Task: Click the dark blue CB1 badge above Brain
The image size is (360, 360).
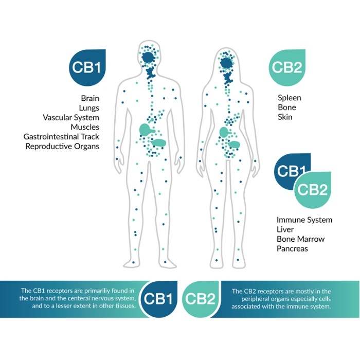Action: pyautogui.click(x=87, y=67)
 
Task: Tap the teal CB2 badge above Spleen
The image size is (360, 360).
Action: pyautogui.click(x=287, y=67)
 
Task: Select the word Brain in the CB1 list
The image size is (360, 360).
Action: pyautogui.click(x=90, y=98)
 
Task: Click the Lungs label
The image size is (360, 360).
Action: pyautogui.click(x=89, y=108)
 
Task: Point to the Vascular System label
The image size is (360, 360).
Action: pyautogui.click(x=71, y=118)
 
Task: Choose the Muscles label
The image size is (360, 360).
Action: pyautogui.click(x=85, y=127)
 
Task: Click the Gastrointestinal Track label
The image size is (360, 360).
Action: pyautogui.click(x=61, y=137)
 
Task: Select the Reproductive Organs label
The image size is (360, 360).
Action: pyautogui.click(x=62, y=146)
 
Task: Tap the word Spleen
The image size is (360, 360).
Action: pyautogui.click(x=289, y=98)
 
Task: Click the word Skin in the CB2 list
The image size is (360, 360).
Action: pyautogui.click(x=285, y=117)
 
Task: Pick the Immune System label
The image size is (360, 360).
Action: pyautogui.click(x=304, y=220)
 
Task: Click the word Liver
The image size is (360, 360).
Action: pyautogui.click(x=285, y=229)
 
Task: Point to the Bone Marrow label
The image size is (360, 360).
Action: pyautogui.click(x=300, y=239)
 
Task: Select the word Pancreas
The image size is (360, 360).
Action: pyautogui.click(x=292, y=248)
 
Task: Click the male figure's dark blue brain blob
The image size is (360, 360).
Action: pyautogui.click(x=148, y=58)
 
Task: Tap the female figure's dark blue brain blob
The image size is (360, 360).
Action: pyautogui.click(x=226, y=63)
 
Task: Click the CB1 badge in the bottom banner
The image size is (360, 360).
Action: pyautogui.click(x=158, y=299)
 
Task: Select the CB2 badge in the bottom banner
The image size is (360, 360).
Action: pyautogui.click(x=200, y=299)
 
